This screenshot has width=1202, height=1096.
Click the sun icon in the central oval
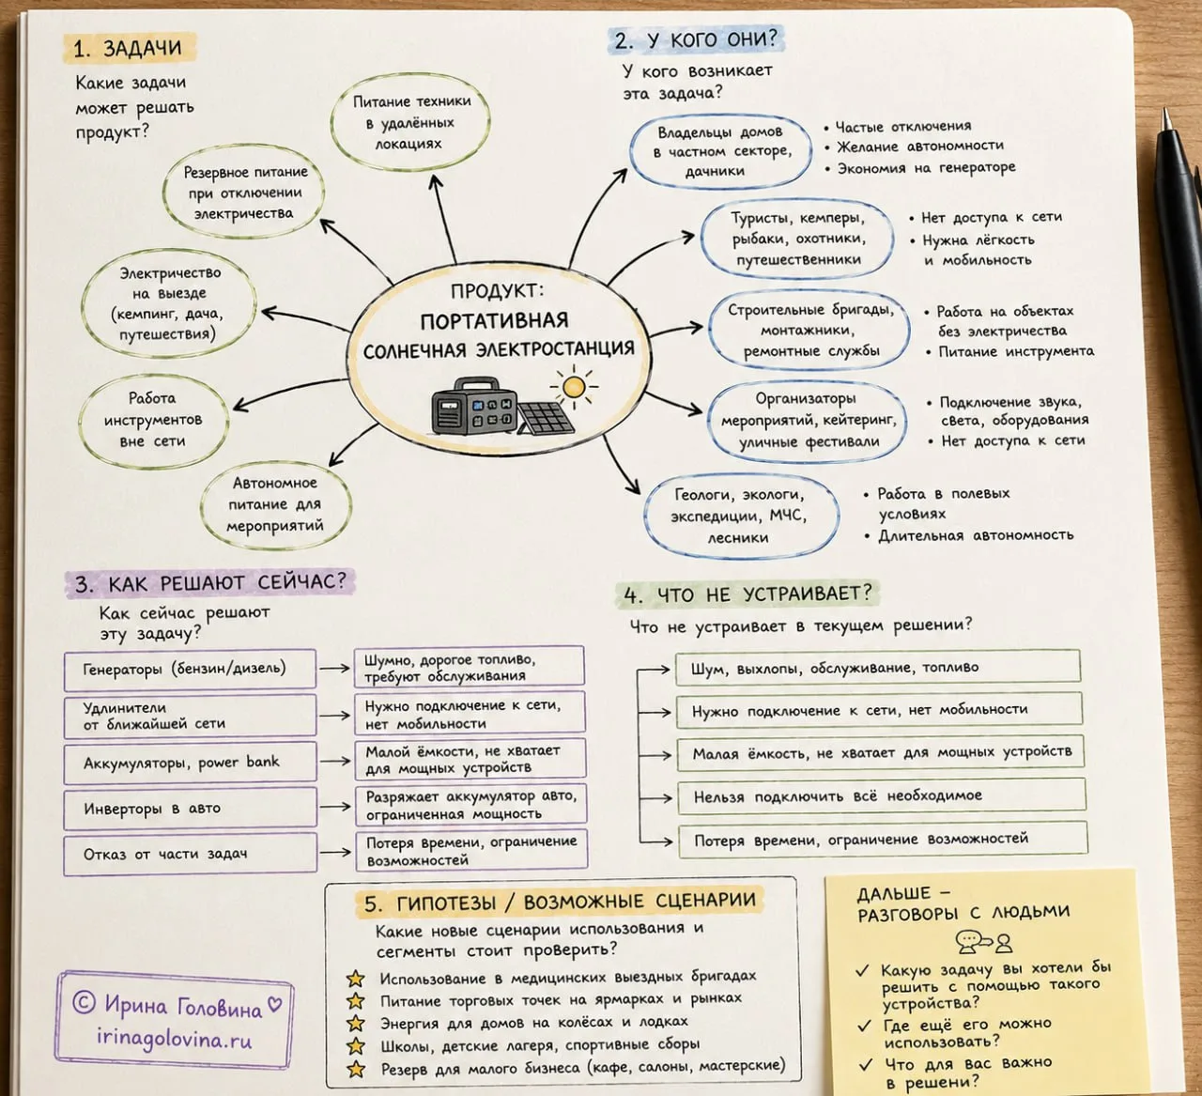(x=574, y=387)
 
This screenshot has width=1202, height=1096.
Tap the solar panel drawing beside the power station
(x=546, y=418)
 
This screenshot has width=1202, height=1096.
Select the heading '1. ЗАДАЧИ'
(x=128, y=48)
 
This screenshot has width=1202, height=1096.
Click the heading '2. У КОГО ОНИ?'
(x=696, y=39)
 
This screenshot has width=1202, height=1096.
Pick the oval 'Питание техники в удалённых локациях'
(x=410, y=123)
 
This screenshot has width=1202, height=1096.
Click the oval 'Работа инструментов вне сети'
(x=153, y=420)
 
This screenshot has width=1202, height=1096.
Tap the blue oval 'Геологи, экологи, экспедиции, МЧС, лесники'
(x=741, y=516)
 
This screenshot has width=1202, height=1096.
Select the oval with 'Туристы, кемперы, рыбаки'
(x=797, y=238)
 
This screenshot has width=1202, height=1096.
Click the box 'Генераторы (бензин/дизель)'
(x=190, y=670)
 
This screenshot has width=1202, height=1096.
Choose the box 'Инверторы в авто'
(x=190, y=809)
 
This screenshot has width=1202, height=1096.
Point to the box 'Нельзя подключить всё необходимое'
(x=882, y=796)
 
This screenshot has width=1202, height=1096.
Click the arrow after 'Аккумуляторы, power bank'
(x=335, y=761)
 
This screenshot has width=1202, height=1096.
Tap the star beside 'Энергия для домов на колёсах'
(x=356, y=1023)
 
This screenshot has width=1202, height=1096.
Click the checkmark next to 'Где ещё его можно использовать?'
(x=864, y=1026)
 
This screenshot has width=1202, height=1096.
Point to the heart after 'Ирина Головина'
(x=274, y=1004)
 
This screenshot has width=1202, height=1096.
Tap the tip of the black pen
(x=1165, y=110)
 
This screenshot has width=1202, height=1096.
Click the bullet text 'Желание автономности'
(x=919, y=147)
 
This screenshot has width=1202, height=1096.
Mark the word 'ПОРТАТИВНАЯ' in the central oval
(x=494, y=321)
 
